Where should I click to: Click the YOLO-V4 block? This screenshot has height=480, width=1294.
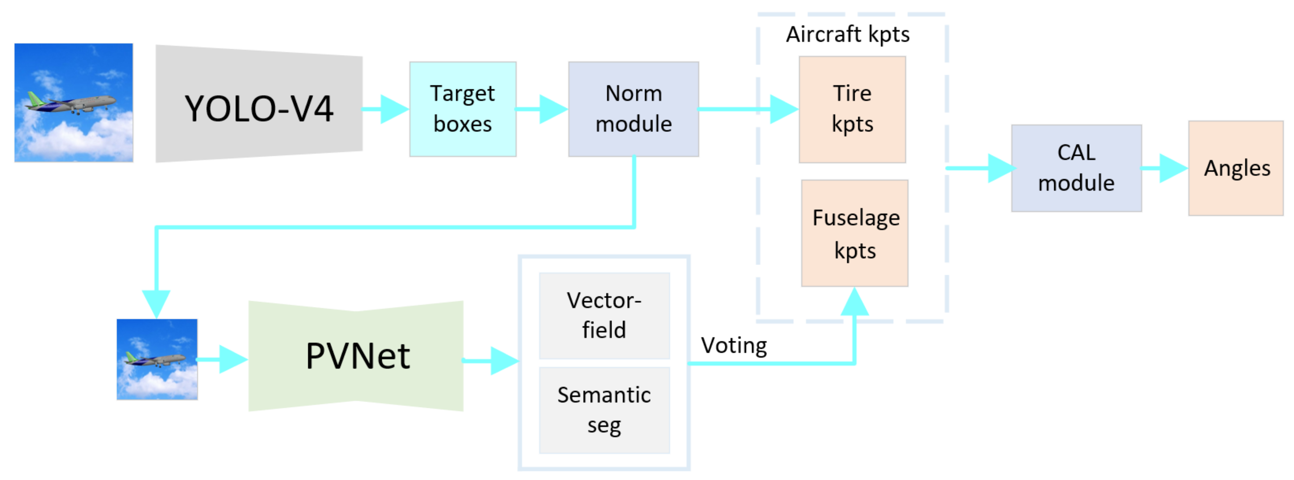click(x=259, y=104)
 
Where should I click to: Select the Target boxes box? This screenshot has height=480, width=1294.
click(x=463, y=109)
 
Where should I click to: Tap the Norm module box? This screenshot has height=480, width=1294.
click(x=633, y=109)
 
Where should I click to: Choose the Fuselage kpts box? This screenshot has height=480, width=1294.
click(x=855, y=233)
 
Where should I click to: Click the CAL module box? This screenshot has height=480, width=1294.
click(x=1076, y=168)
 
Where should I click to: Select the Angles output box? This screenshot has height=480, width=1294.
click(x=1236, y=168)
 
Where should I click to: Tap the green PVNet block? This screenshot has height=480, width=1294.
click(x=356, y=356)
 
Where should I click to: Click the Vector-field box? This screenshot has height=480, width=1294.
click(x=604, y=316)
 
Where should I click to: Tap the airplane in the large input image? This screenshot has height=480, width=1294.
click(x=73, y=103)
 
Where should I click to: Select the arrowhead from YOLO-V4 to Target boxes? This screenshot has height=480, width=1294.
click(x=394, y=109)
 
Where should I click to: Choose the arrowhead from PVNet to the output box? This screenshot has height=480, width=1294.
click(x=503, y=360)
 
